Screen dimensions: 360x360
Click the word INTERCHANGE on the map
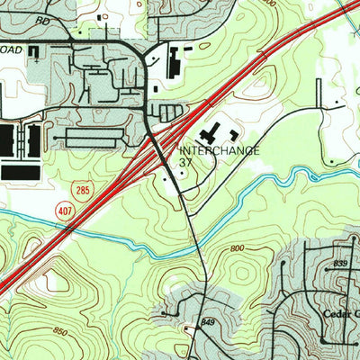(220, 150)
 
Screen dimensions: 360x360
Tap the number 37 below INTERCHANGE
(186, 163)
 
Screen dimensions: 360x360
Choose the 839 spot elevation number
(339, 263)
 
